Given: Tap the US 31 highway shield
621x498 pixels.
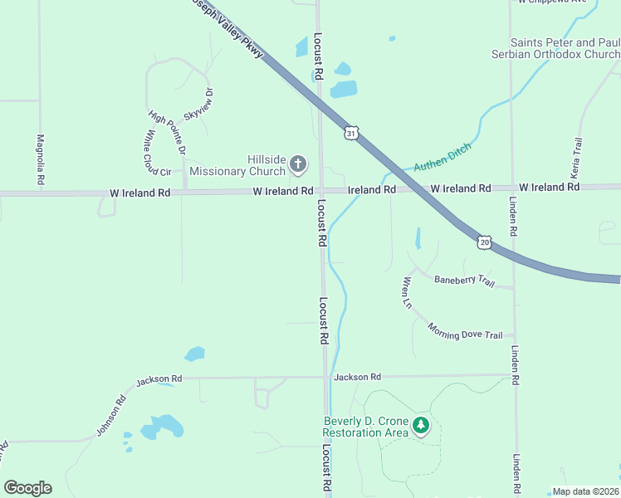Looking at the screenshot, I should click(352, 133).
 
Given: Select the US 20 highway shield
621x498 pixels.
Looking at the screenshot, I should click(484, 242).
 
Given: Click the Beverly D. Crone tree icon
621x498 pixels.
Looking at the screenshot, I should click(422, 426).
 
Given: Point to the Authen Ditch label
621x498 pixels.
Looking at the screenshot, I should click(443, 156).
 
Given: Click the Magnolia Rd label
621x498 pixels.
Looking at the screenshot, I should click(40, 159).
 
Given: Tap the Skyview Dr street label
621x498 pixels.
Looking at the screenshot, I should click(199, 105).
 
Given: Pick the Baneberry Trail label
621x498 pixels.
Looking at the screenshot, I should click(464, 281).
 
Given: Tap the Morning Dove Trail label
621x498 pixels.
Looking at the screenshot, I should click(465, 330).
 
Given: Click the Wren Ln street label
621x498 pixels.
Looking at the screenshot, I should click(407, 292).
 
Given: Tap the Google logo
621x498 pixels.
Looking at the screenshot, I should click(27, 488).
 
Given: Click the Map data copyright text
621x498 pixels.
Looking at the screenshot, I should click(585, 491).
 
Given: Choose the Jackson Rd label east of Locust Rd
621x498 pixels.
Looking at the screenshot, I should click(357, 377).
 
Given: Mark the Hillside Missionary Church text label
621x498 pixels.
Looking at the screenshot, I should click(237, 165).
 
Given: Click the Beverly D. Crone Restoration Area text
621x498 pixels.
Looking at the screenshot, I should click(365, 426).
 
